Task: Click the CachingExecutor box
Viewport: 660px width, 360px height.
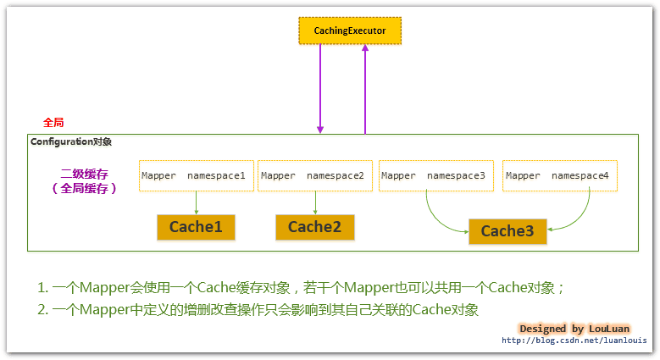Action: coord(350,30)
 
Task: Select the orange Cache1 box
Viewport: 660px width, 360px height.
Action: coord(196,227)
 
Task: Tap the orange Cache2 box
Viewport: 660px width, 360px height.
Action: coord(314,227)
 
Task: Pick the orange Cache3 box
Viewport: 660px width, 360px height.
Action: coord(507,231)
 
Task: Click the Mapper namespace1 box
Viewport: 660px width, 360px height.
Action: coord(196,175)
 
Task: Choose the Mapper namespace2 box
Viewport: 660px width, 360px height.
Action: coord(314,175)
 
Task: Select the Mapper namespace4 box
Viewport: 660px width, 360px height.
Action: coord(559,175)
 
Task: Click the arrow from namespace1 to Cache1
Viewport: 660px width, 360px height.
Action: coord(196,202)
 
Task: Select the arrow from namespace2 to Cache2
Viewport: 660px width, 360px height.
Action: coord(315,202)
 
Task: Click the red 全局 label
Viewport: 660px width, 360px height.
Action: coord(53,123)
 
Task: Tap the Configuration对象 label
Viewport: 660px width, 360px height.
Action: coord(71,141)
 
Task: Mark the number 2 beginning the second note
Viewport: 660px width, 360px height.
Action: coord(42,310)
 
